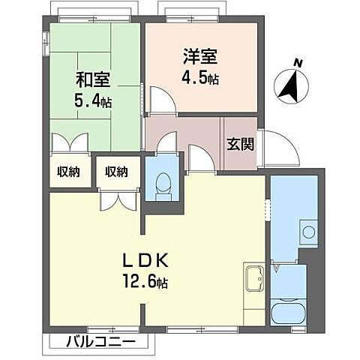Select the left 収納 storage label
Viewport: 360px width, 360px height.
click(69, 172)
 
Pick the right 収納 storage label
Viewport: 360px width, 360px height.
click(116, 172)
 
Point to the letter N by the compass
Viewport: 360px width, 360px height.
click(297, 64)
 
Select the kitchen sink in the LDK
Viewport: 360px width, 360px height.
click(253, 279)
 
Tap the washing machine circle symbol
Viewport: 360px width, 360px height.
click(307, 230)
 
